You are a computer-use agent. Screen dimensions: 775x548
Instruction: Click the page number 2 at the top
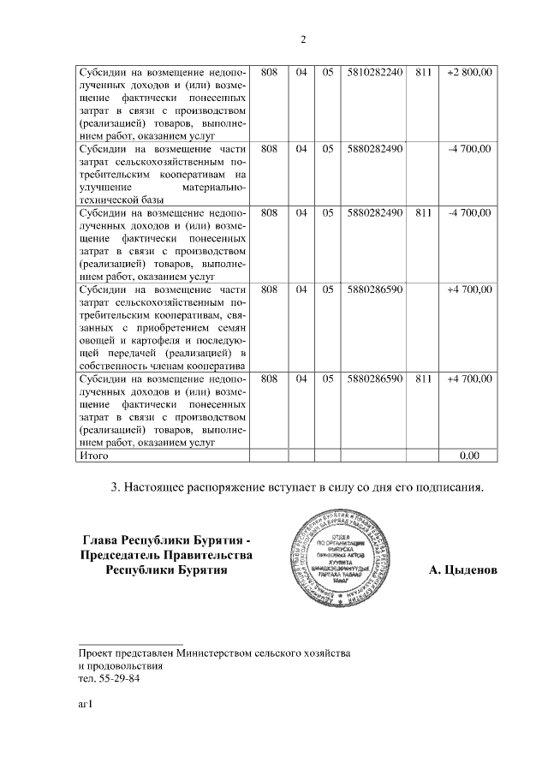click(303, 39)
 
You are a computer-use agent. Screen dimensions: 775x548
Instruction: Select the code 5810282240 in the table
click(375, 74)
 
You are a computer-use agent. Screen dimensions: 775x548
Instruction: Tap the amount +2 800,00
click(469, 74)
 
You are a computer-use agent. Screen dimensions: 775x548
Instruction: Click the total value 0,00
click(469, 456)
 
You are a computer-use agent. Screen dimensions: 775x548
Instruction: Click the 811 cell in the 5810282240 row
click(421, 74)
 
